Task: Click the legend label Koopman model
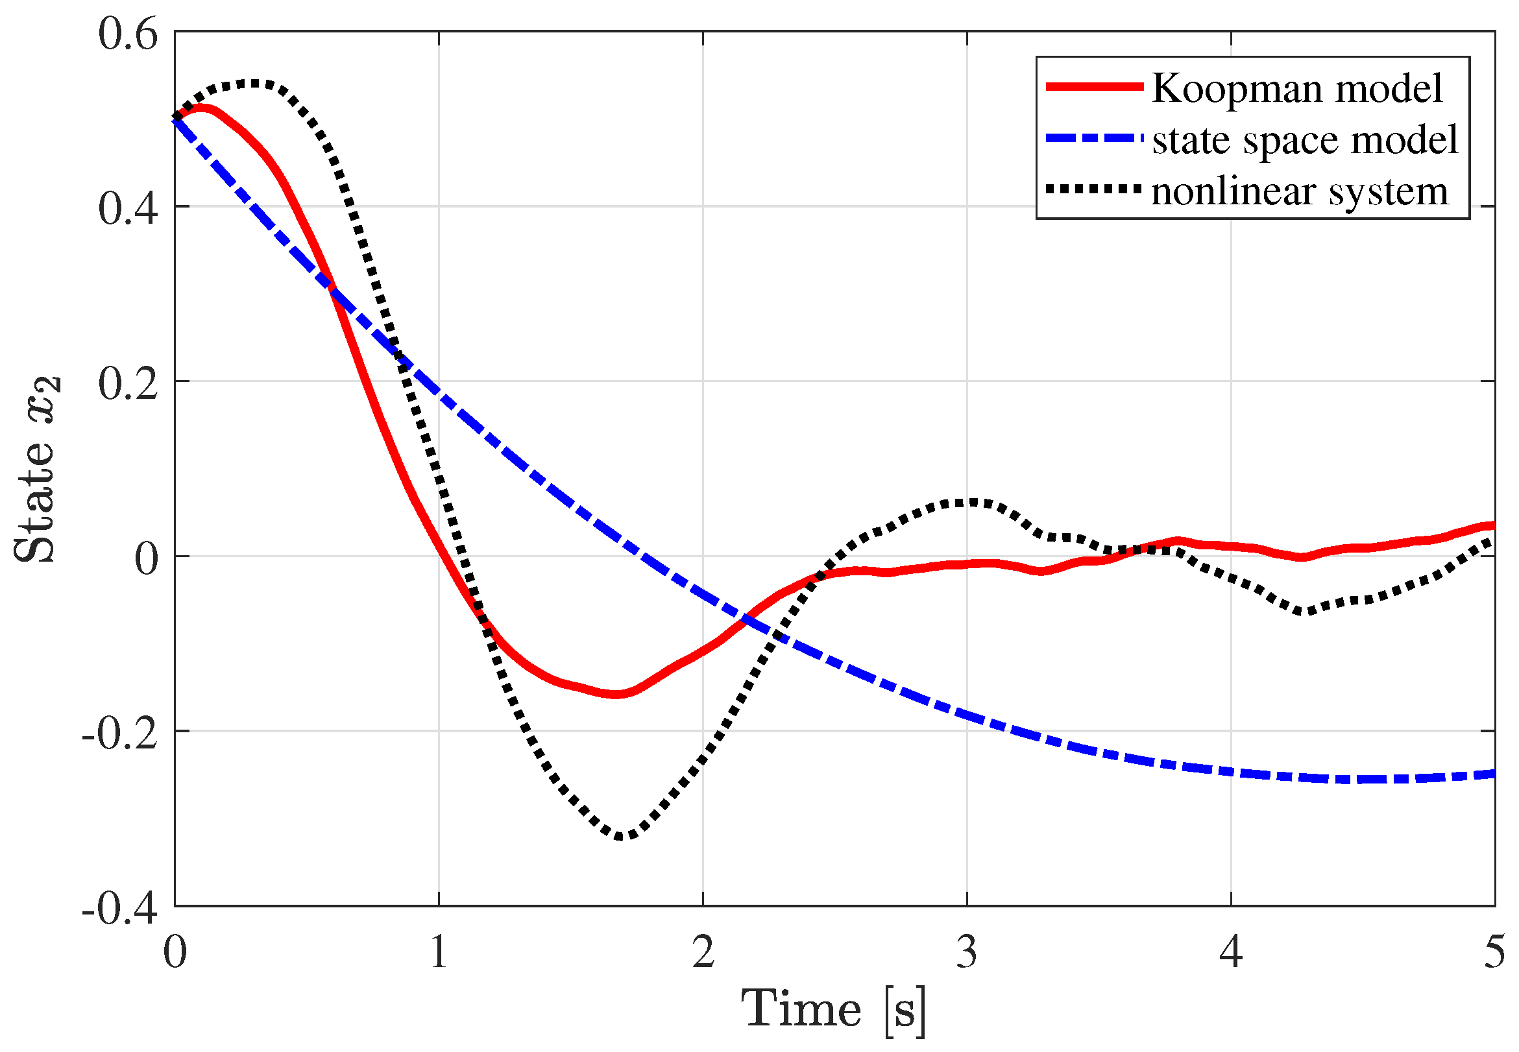1296,88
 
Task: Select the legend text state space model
1305,139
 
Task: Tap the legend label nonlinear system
1299,191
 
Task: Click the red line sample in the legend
1094,86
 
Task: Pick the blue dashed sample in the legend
1094,138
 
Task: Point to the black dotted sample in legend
1094,190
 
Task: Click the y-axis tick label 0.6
128,34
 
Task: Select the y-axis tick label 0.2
128,383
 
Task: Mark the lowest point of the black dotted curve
621,837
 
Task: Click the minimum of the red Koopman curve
616,694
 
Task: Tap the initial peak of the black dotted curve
254,84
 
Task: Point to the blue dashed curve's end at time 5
1492,774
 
